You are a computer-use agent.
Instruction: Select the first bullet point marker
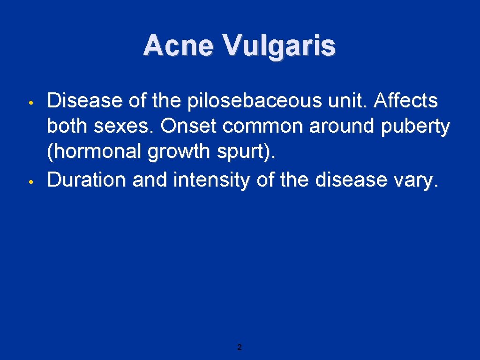click(x=30, y=102)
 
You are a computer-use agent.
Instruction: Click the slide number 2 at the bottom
click(x=240, y=347)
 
